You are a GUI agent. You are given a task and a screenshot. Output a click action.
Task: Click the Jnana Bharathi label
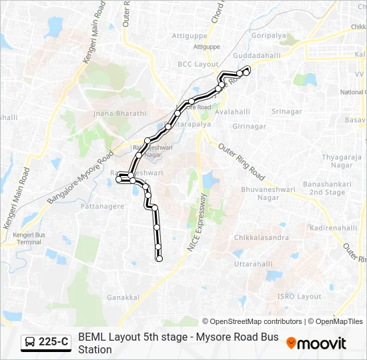click(121, 113)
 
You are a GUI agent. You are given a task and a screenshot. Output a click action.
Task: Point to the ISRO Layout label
click(300, 296)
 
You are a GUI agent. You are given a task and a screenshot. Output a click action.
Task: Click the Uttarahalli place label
click(253, 264)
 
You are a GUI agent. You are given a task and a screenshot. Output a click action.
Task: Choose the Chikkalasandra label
click(262, 237)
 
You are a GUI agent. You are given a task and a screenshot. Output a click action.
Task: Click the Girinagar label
click(250, 125)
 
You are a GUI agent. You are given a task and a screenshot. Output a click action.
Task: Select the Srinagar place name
click(288, 111)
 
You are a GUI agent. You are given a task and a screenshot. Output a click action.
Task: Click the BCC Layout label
click(194, 64)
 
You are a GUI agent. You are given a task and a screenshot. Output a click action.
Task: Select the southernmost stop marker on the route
click(159, 259)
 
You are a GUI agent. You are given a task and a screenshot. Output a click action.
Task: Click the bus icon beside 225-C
click(30, 343)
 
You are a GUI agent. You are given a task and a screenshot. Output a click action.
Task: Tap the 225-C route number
click(53, 343)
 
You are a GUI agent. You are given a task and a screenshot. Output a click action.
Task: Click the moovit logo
click(316, 343)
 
